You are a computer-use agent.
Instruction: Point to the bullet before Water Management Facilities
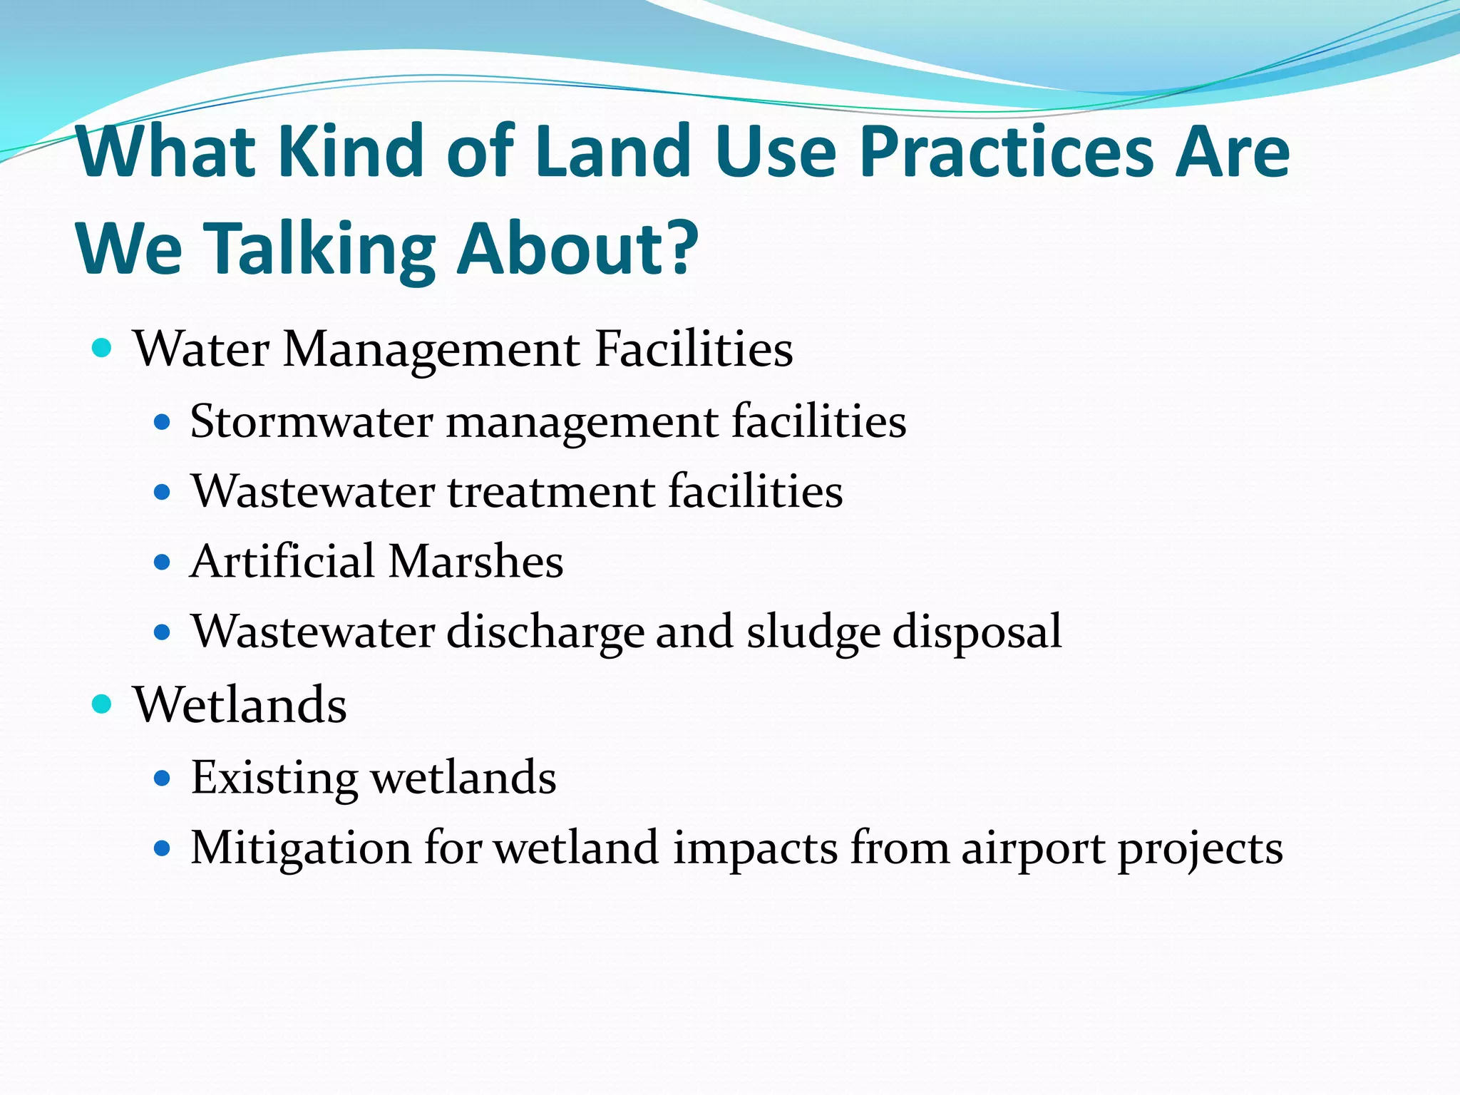pos(103,349)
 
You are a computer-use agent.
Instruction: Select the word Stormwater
pos(312,421)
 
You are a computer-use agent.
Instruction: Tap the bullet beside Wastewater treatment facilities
pos(163,492)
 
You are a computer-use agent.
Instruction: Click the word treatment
pos(551,492)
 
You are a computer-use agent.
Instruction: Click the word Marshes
pos(475,561)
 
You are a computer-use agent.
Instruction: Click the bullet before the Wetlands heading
pos(103,704)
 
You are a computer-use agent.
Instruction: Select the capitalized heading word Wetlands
pos(240,704)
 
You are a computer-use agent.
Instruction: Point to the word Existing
pos(274,778)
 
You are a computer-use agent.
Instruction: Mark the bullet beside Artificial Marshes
pos(163,562)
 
